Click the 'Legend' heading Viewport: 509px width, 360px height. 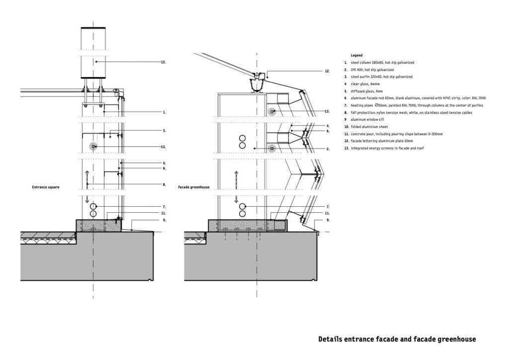point(356,55)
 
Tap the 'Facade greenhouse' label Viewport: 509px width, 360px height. point(193,187)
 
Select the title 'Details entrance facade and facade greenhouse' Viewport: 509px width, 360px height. point(397,339)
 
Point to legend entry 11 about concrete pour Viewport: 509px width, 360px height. point(393,134)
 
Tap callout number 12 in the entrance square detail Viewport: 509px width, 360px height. point(163,62)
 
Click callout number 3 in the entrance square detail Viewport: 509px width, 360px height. point(164,131)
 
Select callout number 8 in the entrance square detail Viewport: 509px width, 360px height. point(164,184)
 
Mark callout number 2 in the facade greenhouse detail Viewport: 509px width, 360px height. point(328,149)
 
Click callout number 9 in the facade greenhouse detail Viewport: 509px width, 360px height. point(328,220)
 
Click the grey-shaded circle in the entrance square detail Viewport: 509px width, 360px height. point(92,147)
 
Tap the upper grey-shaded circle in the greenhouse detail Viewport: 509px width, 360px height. point(272,111)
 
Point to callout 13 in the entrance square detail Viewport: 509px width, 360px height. point(163,147)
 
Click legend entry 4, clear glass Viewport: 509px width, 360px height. point(363,85)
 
